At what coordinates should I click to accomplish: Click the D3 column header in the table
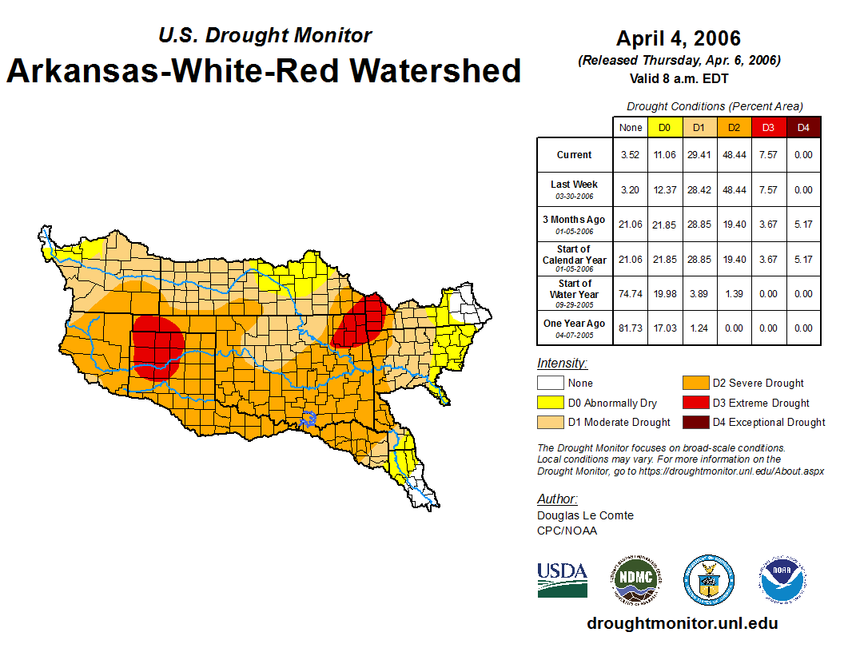click(768, 127)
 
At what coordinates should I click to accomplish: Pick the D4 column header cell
click(803, 127)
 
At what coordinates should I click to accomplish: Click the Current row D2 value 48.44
click(733, 155)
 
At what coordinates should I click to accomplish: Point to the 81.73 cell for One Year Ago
click(631, 328)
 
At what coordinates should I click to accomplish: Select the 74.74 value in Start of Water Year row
click(631, 293)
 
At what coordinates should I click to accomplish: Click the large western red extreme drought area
click(158, 347)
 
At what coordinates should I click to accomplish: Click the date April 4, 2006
click(679, 38)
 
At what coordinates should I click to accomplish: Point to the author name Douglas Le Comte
click(585, 515)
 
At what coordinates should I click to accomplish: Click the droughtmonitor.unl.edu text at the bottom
click(682, 623)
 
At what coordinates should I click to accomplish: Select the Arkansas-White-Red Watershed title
click(264, 70)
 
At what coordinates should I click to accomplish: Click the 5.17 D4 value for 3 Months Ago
click(803, 225)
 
